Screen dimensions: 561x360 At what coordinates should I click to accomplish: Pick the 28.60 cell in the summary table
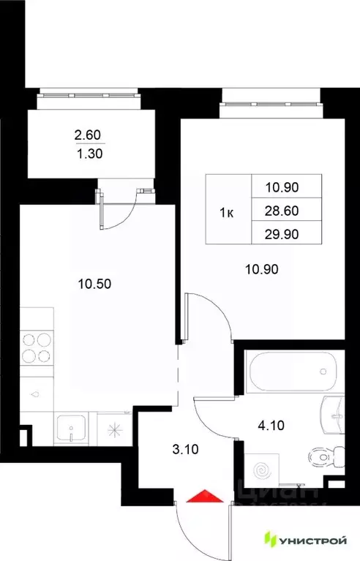[x=285, y=211]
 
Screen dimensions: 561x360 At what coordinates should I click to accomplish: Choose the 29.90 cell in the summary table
[x=285, y=234]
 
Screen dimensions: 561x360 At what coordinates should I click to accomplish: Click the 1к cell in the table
[x=227, y=213]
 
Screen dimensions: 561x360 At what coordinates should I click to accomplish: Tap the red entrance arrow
[x=206, y=497]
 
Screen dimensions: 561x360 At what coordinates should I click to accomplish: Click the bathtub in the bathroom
[x=292, y=371]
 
